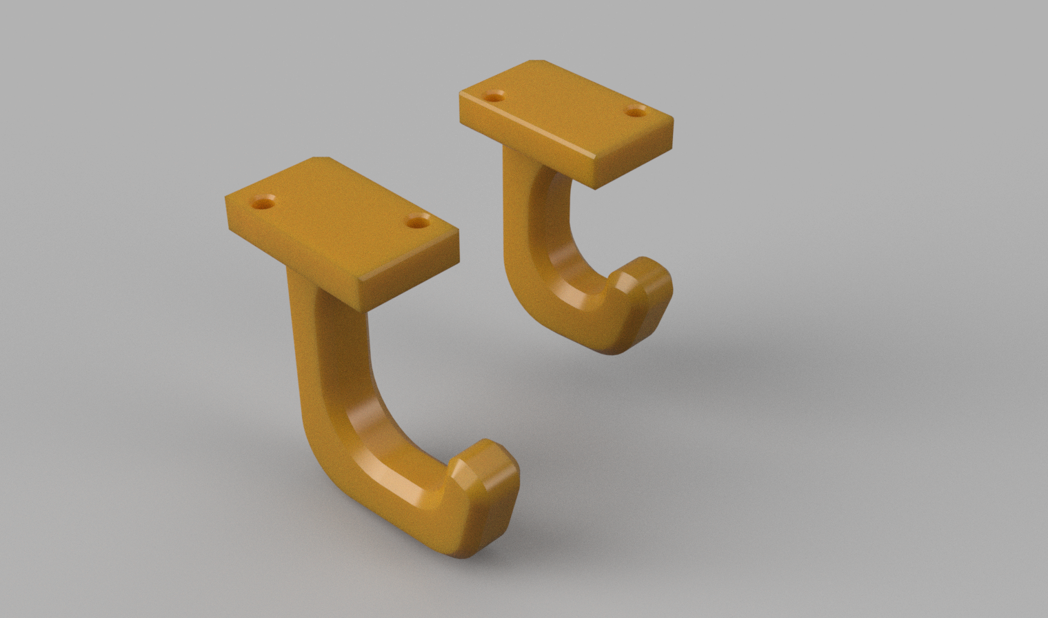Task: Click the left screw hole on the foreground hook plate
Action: click(263, 203)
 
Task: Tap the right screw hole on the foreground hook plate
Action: click(418, 222)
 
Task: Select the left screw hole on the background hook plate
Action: click(494, 97)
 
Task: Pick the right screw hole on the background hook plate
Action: click(636, 110)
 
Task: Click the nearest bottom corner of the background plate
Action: click(594, 188)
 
